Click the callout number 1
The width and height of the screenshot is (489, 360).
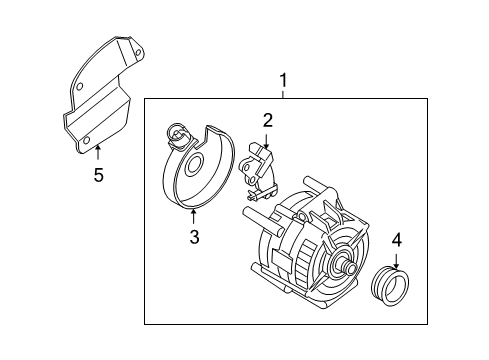pos(283,79)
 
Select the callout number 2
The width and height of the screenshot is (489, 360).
pos(267,120)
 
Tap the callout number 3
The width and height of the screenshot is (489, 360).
pos(195,236)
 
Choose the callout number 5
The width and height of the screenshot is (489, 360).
pos(98,175)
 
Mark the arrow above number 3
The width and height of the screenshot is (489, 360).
pos(195,218)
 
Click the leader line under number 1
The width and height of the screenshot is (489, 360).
pos(283,93)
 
